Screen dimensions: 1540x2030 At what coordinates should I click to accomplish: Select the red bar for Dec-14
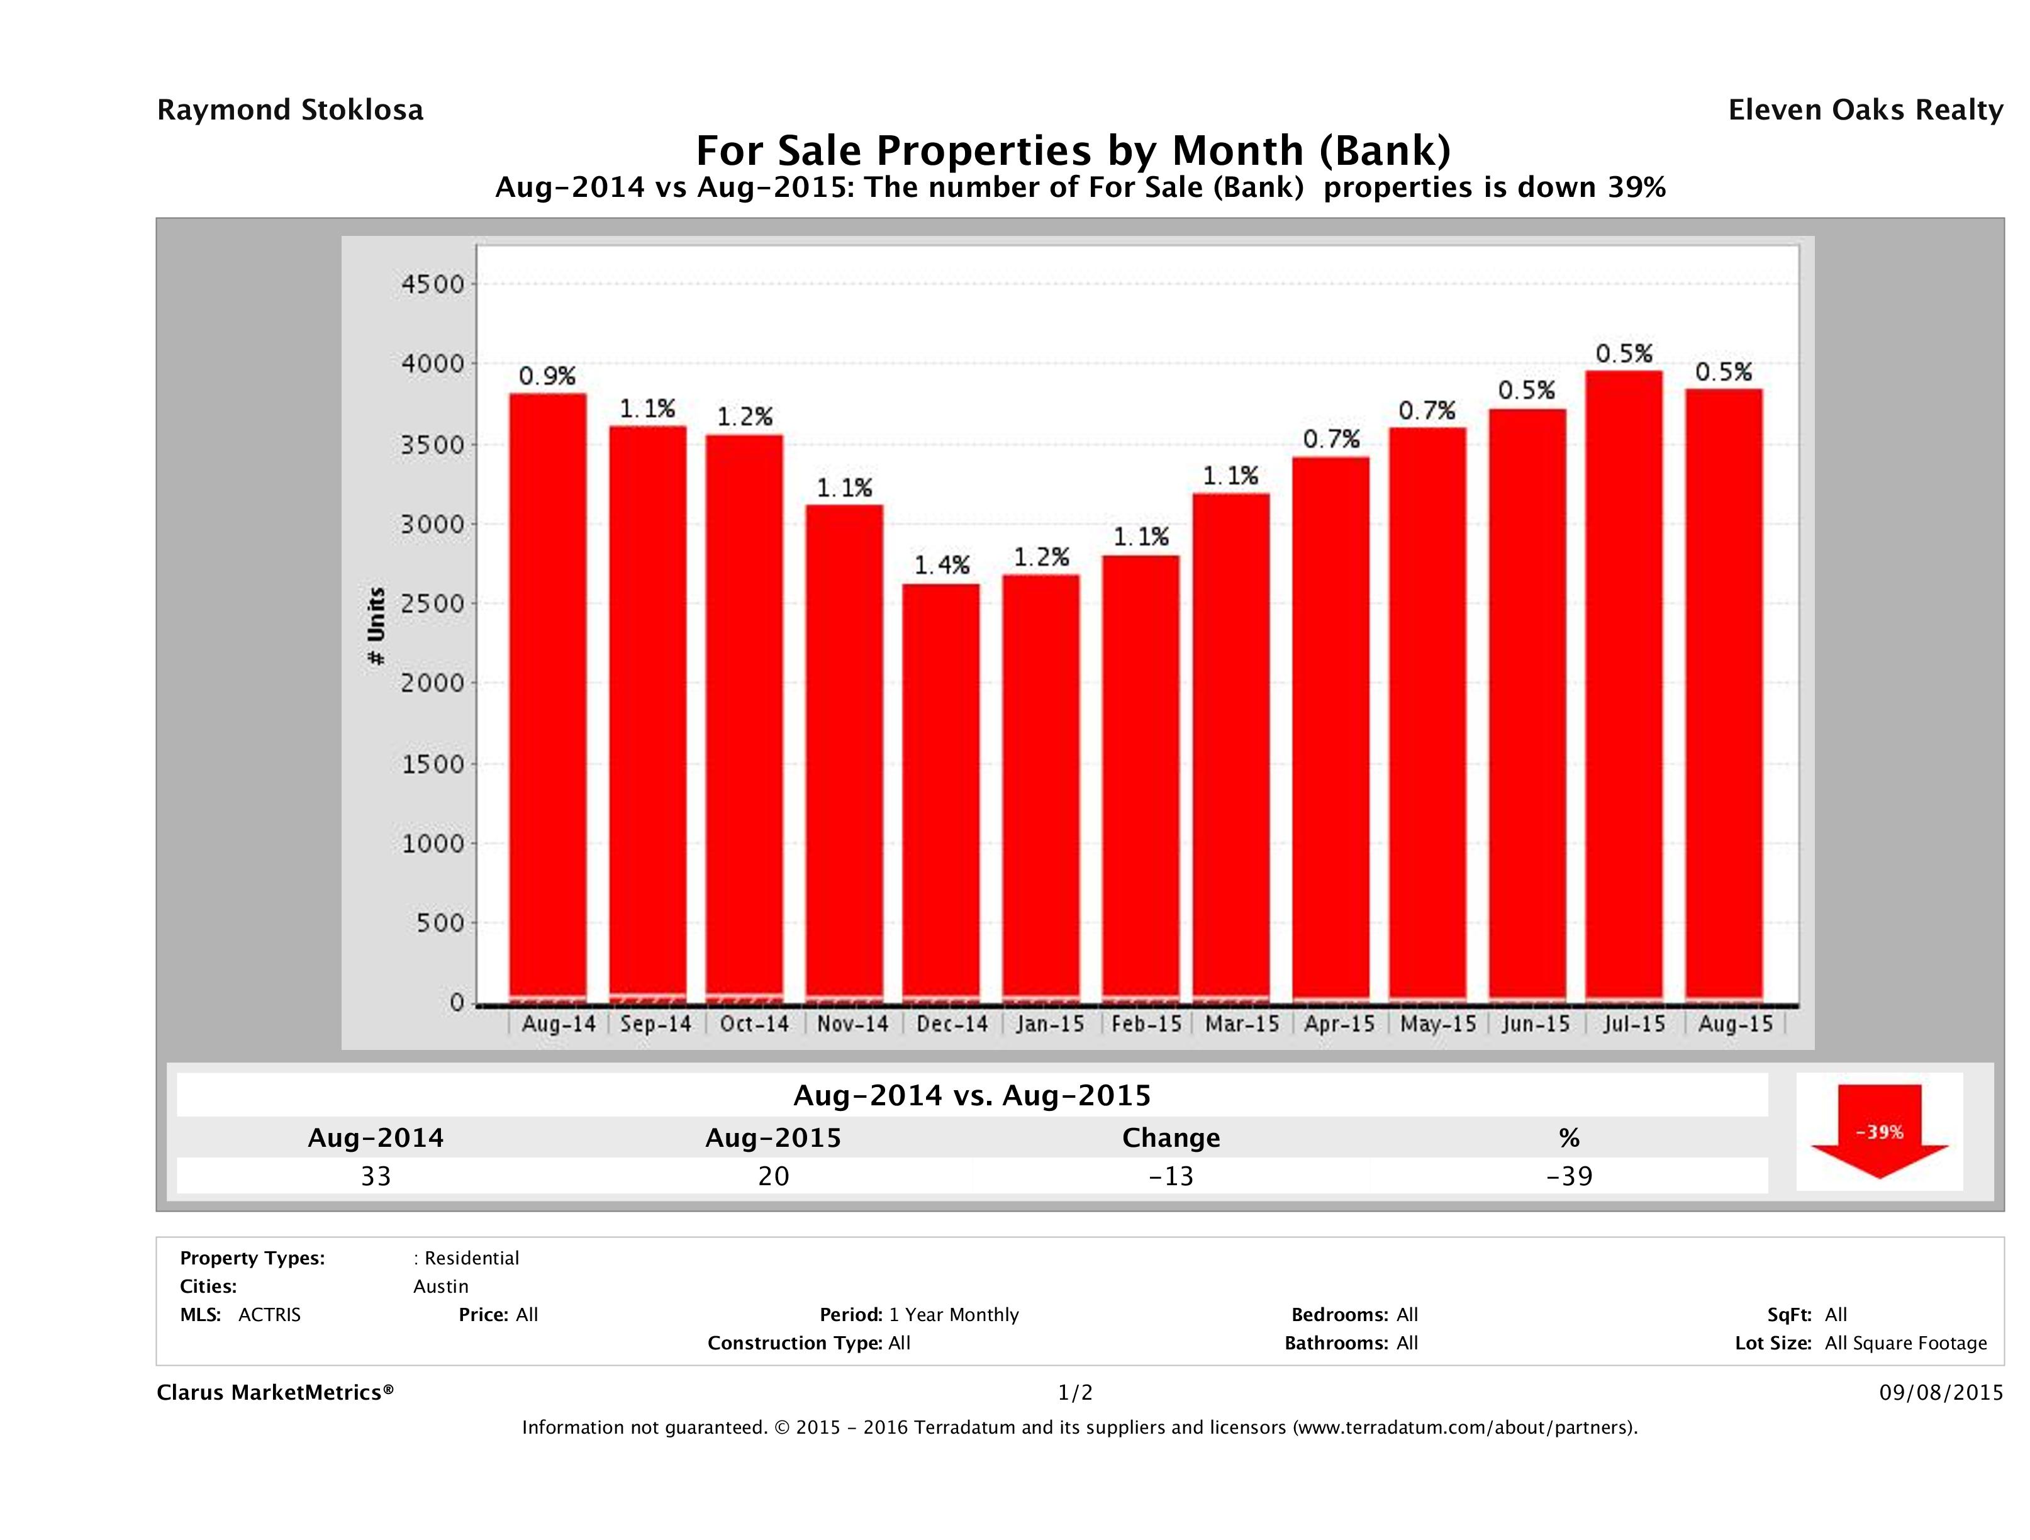[x=940, y=794]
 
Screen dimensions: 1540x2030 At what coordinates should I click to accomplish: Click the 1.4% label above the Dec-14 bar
[x=942, y=566]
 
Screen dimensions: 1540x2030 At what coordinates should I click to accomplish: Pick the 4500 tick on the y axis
[x=433, y=284]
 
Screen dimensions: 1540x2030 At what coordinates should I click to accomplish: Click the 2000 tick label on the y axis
[x=433, y=684]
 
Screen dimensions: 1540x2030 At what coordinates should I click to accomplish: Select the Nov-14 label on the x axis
[x=852, y=1024]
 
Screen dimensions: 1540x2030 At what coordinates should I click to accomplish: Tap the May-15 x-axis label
[x=1438, y=1024]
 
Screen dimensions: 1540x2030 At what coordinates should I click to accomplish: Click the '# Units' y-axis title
[x=376, y=626]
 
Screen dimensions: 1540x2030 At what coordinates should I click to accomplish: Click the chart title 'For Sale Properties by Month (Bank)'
[x=1073, y=150]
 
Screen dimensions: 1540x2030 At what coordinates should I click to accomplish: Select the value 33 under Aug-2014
[x=376, y=1176]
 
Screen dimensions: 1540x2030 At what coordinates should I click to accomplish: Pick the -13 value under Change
[x=1171, y=1176]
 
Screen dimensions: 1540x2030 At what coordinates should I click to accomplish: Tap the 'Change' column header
[x=1171, y=1138]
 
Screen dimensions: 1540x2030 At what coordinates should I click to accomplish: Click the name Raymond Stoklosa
[x=290, y=110]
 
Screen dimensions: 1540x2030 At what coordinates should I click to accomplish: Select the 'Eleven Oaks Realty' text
[x=1865, y=110]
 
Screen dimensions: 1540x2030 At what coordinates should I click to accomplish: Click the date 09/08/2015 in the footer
[x=1941, y=1393]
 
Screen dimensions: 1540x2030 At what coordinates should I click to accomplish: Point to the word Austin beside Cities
[x=440, y=1286]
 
